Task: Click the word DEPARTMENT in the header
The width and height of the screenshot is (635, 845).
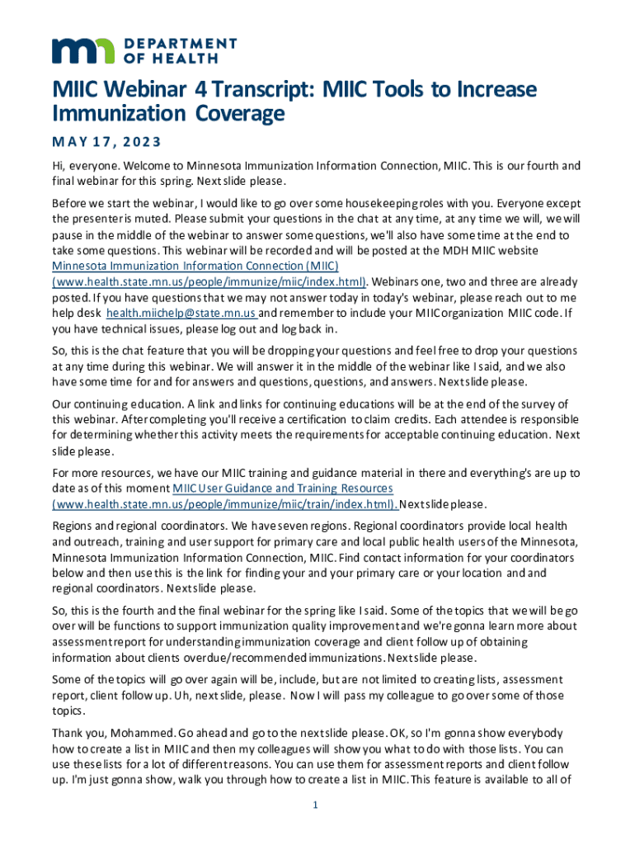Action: click(x=181, y=43)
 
